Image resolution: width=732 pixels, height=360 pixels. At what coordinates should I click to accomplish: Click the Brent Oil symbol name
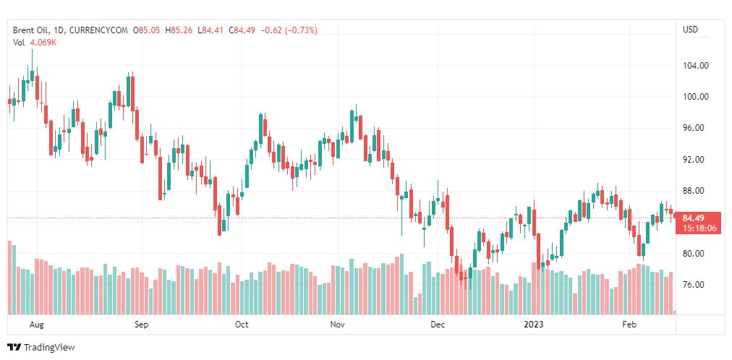click(30, 30)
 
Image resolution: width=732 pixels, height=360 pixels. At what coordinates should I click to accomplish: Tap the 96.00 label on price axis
click(694, 128)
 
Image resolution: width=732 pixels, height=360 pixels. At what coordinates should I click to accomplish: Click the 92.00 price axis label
click(694, 160)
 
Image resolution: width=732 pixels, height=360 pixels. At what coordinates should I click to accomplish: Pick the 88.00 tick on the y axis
click(694, 191)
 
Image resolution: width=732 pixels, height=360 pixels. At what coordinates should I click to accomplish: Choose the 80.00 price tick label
click(694, 254)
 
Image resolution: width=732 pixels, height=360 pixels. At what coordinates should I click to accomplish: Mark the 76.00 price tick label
click(694, 285)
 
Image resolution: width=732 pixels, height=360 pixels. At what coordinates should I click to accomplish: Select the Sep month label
click(141, 325)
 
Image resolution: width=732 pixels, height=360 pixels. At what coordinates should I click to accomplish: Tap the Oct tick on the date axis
click(242, 325)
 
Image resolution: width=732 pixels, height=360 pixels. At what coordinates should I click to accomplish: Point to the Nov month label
click(338, 325)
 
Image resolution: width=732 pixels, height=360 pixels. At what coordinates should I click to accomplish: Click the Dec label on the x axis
click(438, 325)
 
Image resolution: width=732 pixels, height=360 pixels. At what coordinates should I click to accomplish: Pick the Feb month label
click(630, 325)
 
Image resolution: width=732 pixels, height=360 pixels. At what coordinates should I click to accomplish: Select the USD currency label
click(691, 30)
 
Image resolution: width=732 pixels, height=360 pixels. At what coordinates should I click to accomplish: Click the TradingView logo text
click(48, 348)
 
